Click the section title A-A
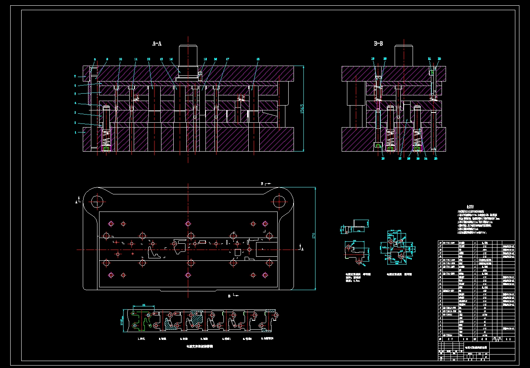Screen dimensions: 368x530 tap(157, 43)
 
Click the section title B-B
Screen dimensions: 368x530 tap(378, 43)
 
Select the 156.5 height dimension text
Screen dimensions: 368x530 tap(302, 109)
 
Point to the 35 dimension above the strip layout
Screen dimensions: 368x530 tap(144, 305)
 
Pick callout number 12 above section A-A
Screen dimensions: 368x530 tap(149, 59)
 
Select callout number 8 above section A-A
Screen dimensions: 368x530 tap(95, 59)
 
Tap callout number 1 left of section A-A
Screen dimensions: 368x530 tap(75, 132)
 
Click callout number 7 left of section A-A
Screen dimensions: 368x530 tap(75, 76)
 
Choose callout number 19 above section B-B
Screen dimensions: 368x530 tap(373, 59)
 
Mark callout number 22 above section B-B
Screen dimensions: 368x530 tap(439, 59)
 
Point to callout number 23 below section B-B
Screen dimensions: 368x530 tap(435, 159)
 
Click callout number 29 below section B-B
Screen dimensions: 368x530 tap(383, 159)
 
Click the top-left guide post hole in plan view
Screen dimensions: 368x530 tap(97, 201)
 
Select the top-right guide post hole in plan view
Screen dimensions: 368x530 tap(279, 201)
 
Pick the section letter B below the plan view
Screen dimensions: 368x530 tap(229, 296)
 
